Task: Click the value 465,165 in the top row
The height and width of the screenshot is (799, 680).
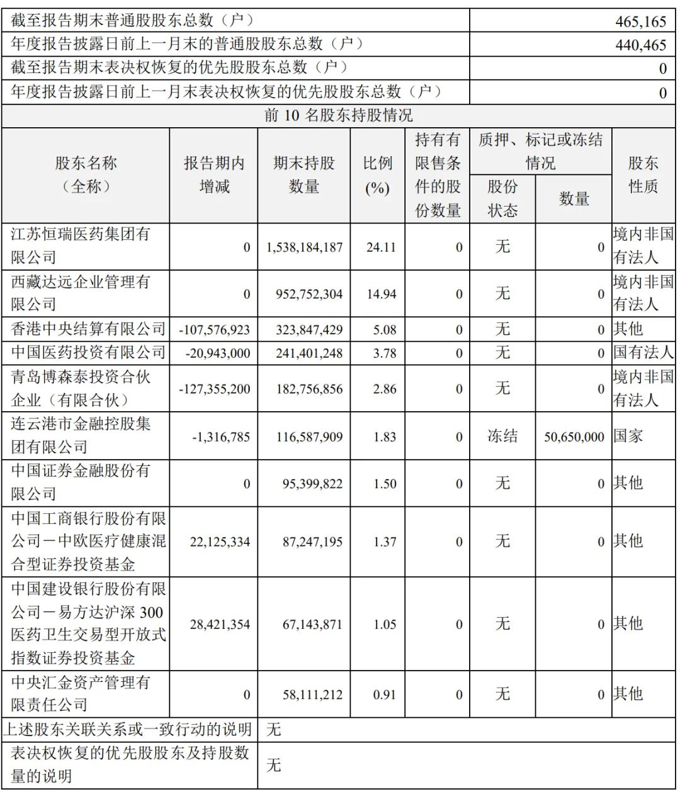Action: coord(640,21)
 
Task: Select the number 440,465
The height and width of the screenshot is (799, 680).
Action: coord(640,45)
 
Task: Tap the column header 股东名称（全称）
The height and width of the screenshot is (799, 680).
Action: coord(86,175)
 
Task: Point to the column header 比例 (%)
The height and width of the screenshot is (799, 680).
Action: coord(377,175)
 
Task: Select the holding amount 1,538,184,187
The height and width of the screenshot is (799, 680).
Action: coord(305,247)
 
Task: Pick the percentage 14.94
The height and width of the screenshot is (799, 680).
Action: coord(382,294)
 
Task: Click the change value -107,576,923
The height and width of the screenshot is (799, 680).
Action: coord(215,329)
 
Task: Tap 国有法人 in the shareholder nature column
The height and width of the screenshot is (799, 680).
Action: coord(643,353)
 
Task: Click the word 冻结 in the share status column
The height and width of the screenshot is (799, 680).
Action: coord(502,436)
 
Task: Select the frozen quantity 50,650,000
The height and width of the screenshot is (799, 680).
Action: coord(574,436)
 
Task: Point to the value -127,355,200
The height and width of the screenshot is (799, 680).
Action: coord(215,389)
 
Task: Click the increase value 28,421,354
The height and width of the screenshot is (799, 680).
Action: coord(220,625)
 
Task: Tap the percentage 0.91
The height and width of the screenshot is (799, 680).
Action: coord(384,694)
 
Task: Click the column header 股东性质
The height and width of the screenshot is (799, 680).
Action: coord(643,175)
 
